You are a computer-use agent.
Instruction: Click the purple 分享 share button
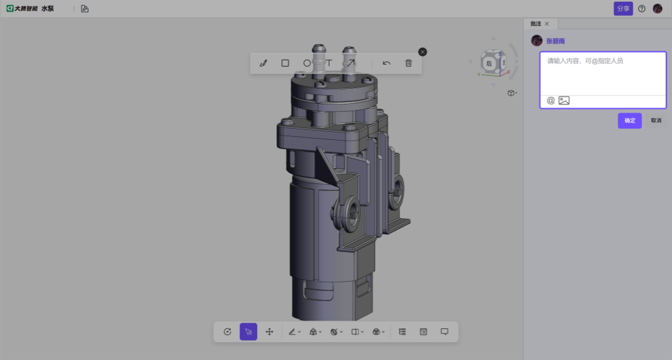point(623,9)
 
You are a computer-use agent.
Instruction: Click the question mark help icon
point(642,9)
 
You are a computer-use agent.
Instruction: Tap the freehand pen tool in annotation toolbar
point(263,63)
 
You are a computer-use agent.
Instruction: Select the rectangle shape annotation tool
point(285,63)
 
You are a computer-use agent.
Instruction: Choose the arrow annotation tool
point(351,63)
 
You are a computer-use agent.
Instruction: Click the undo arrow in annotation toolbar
point(386,63)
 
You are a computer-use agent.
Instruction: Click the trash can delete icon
point(409,63)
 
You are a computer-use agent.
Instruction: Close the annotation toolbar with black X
point(422,52)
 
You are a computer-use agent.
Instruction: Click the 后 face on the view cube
point(489,63)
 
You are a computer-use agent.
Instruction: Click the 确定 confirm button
point(630,121)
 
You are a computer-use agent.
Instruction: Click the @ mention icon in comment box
point(551,101)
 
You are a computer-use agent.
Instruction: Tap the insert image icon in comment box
point(564,101)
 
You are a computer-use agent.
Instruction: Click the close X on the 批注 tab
point(547,24)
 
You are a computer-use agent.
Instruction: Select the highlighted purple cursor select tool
point(248,332)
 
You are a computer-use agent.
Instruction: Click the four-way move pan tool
point(269,332)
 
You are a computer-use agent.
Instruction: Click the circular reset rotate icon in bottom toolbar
point(227,332)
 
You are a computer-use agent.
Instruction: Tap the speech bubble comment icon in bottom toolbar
point(444,332)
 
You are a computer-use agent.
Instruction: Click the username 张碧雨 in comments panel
point(556,41)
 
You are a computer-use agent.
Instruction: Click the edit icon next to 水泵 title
point(85,9)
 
